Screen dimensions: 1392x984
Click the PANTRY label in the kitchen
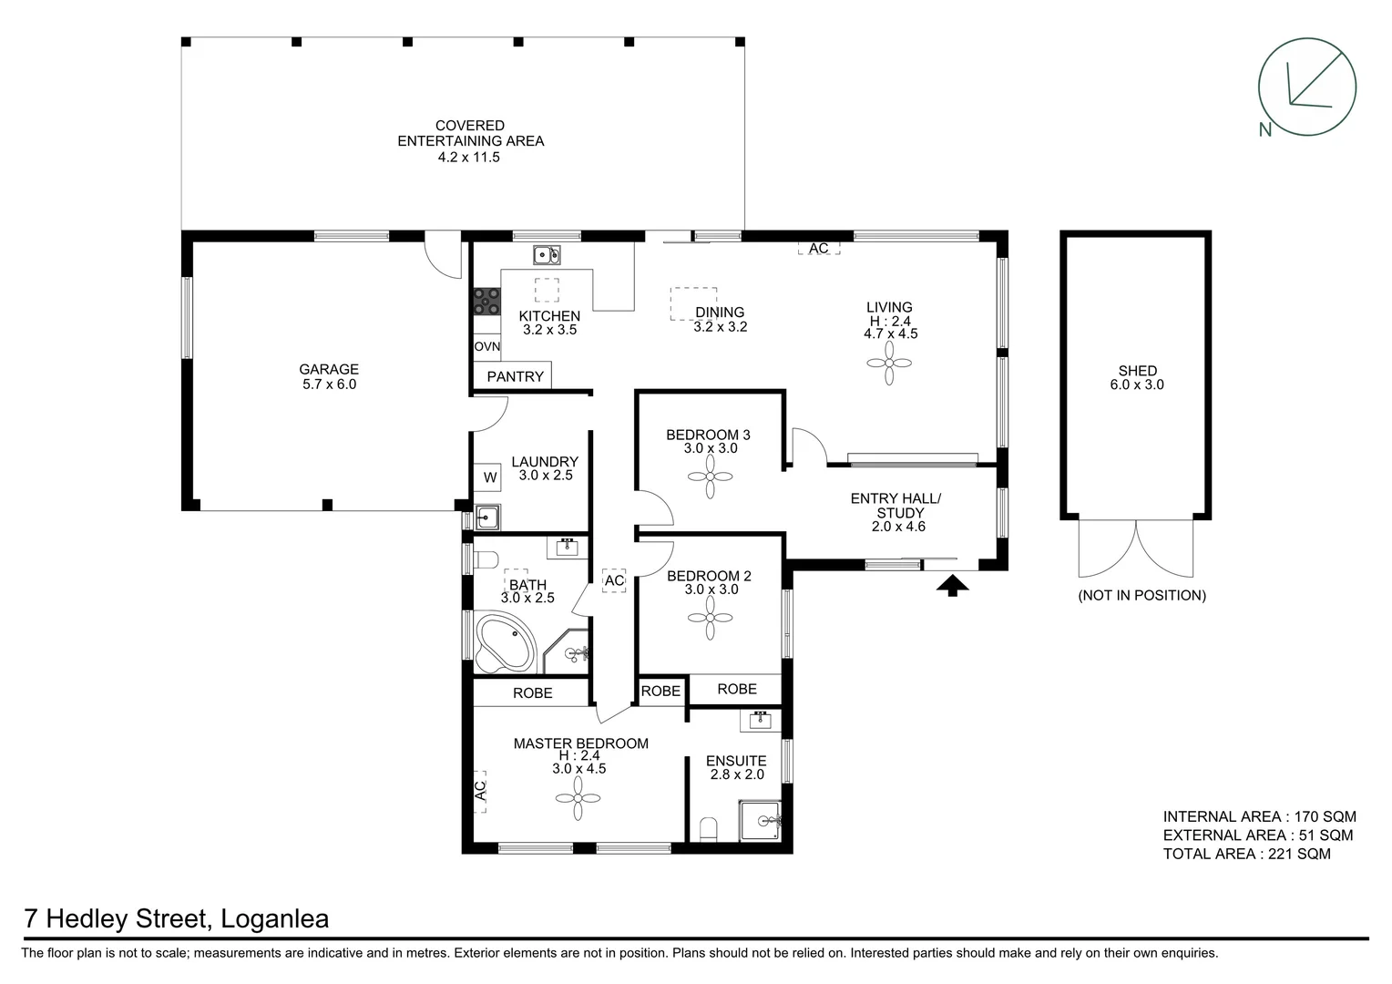pos(515,376)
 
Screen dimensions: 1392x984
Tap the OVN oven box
pos(486,347)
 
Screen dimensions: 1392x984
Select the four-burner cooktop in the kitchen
pos(487,302)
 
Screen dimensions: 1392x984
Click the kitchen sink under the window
pos(547,255)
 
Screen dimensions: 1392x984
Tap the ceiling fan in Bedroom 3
pos(710,477)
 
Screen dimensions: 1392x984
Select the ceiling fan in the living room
pos(889,364)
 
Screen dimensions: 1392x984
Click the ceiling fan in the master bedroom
pos(578,798)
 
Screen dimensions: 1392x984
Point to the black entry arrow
pos(952,586)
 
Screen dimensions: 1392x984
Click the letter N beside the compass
pos(1265,129)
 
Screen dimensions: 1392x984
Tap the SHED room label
pos(1137,371)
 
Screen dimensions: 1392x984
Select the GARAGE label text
pos(329,369)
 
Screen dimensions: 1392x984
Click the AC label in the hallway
pos(614,580)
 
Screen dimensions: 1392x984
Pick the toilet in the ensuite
pos(709,829)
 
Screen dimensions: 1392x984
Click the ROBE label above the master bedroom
pos(533,693)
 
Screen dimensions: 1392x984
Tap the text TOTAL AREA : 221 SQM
pos(1246,854)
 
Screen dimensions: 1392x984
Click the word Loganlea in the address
pos(275,918)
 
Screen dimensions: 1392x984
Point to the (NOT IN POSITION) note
pos(1141,595)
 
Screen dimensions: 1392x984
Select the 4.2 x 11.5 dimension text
pos(468,158)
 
